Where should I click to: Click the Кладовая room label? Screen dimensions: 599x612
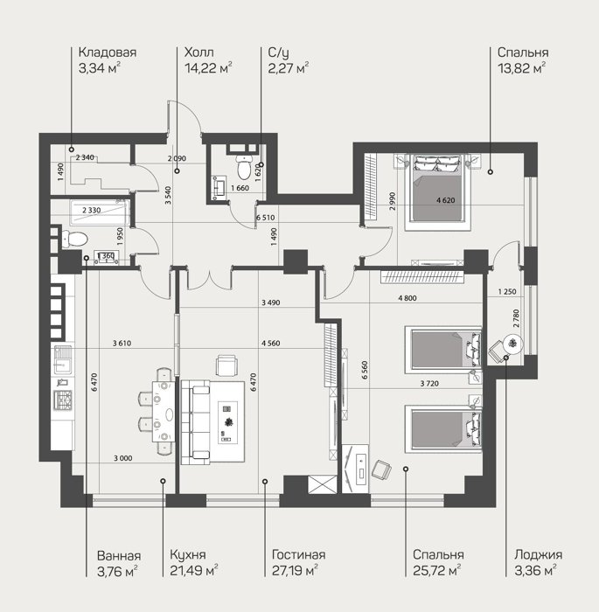[108, 52]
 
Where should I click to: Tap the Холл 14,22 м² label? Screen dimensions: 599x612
[208, 60]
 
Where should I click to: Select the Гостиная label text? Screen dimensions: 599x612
[298, 554]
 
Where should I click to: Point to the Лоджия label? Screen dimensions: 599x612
[539, 555]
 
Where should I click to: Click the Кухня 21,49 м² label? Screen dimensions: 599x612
[193, 563]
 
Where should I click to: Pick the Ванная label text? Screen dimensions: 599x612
[119, 556]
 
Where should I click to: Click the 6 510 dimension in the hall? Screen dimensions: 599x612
[266, 218]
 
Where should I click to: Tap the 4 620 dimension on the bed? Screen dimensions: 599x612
[446, 200]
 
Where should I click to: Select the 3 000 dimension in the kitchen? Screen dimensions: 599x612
[123, 458]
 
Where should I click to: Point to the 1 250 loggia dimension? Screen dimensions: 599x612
[507, 291]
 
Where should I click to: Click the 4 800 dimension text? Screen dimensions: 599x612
[407, 298]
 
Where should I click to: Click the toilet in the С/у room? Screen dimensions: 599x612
[245, 167]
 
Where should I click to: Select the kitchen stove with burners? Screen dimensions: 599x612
[63, 400]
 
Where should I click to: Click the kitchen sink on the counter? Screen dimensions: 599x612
[63, 359]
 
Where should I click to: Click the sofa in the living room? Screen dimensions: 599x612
[196, 422]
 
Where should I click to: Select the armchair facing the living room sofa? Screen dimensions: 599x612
[226, 365]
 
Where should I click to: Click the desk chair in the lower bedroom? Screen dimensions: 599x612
[381, 470]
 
